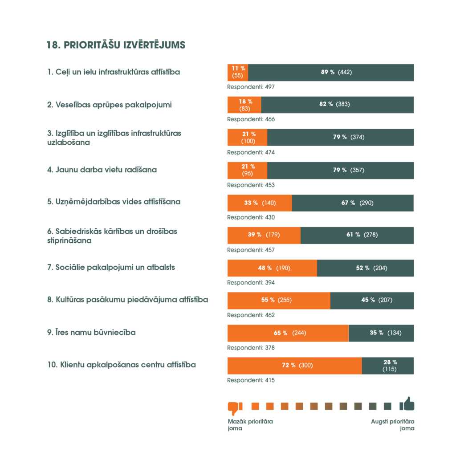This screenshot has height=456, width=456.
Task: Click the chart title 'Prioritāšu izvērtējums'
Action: (x=116, y=45)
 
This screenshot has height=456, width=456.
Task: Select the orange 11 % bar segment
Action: (x=238, y=72)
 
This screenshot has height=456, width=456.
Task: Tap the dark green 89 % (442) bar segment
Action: (x=331, y=72)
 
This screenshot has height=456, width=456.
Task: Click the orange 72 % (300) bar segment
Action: (x=294, y=366)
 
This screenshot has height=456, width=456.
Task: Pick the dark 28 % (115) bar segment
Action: (x=388, y=366)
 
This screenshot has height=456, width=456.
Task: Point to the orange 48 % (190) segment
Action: (x=272, y=268)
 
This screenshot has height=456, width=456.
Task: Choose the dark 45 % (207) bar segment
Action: (x=372, y=301)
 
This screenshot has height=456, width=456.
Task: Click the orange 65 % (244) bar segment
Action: (x=288, y=333)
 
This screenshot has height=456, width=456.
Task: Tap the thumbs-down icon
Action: (x=234, y=407)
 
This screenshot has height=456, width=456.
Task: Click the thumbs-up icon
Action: (x=407, y=404)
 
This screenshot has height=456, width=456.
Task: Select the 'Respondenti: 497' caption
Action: (x=251, y=87)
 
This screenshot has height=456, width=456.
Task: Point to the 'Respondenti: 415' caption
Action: (x=251, y=380)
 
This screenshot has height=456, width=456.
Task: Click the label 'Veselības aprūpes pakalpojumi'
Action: (x=110, y=105)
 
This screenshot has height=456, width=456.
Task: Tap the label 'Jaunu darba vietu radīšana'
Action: (x=102, y=170)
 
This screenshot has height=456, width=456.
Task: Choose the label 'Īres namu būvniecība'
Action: (x=91, y=332)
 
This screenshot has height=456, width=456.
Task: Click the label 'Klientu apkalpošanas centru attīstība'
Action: (x=121, y=365)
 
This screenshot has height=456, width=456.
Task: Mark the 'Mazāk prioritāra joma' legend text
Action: (x=250, y=425)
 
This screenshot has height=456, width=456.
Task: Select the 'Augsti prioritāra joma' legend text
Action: (x=393, y=425)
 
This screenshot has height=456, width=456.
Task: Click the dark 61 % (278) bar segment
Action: (x=357, y=235)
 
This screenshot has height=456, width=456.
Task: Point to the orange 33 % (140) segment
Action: (x=260, y=203)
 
